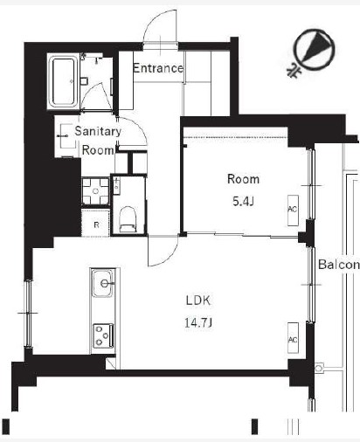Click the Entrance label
pyautogui.click(x=158, y=68)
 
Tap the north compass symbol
pyautogui.click(x=313, y=51)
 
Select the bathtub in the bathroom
pyautogui.click(x=63, y=81)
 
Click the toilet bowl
pyautogui.click(x=128, y=219)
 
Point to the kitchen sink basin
pyautogui.click(x=102, y=283)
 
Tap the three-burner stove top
pyautogui.click(x=103, y=335)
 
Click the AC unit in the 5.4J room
pyautogui.click(x=293, y=211)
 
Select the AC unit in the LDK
pyautogui.click(x=293, y=338)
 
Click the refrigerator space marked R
pyautogui.click(x=96, y=223)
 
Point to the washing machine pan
pyautogui.click(x=95, y=191)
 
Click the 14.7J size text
pyautogui.click(x=198, y=322)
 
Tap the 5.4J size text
pyautogui.click(x=243, y=201)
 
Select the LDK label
pyautogui.click(x=198, y=300)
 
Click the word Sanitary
pyautogui.click(x=98, y=131)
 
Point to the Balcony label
pyautogui.click(x=339, y=265)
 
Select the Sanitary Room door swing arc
pyautogui.click(x=140, y=126)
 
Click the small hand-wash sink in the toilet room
pyautogui.click(x=116, y=185)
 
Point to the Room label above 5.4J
pyautogui.click(x=243, y=179)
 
